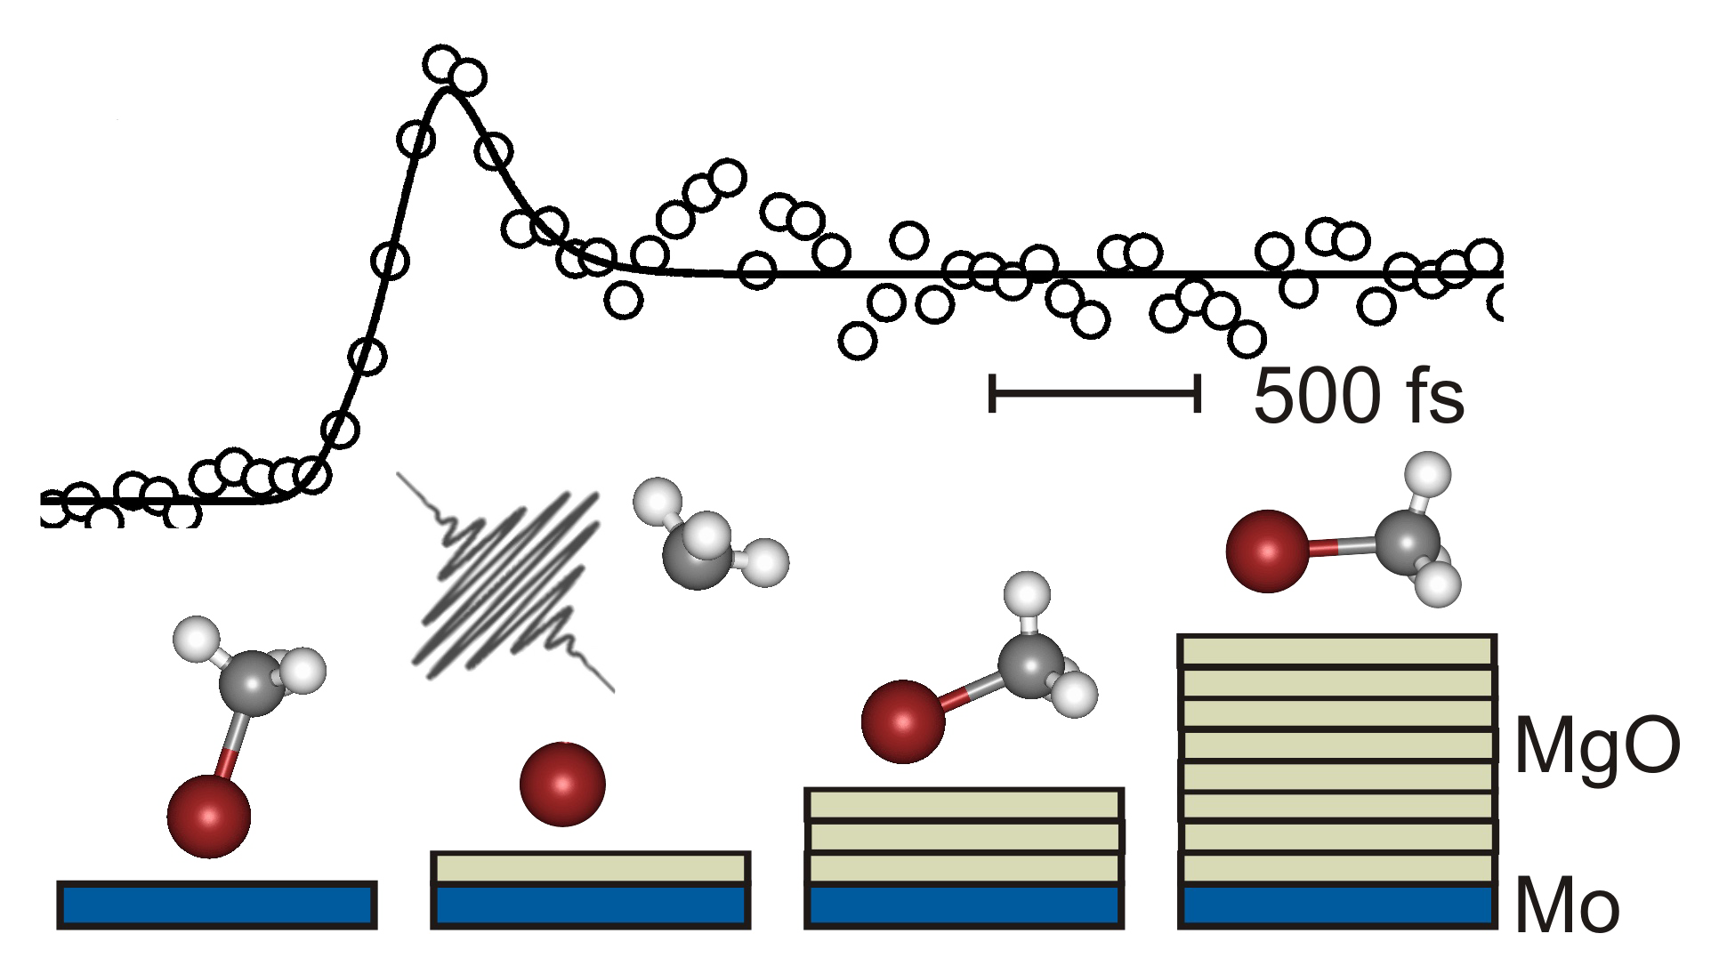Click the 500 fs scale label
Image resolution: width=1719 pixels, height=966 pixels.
[x=1358, y=396]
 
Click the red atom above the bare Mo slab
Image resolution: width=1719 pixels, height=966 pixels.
[x=209, y=816]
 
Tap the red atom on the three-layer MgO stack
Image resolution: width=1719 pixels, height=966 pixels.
[x=903, y=721]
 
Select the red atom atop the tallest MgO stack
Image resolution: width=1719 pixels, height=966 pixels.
[x=1267, y=551]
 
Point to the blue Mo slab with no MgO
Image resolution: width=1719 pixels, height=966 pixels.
[x=217, y=906]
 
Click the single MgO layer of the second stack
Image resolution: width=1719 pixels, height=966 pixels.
[x=590, y=868]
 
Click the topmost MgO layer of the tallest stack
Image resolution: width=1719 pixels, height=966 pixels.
[x=1337, y=650]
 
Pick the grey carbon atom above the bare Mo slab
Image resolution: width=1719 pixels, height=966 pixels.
[x=254, y=683]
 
